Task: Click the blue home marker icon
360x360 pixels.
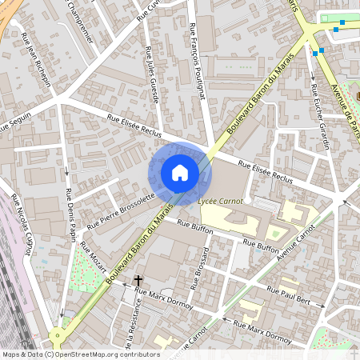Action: pyautogui.click(x=179, y=173)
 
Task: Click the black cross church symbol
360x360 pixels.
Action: pyautogui.click(x=138, y=281)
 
